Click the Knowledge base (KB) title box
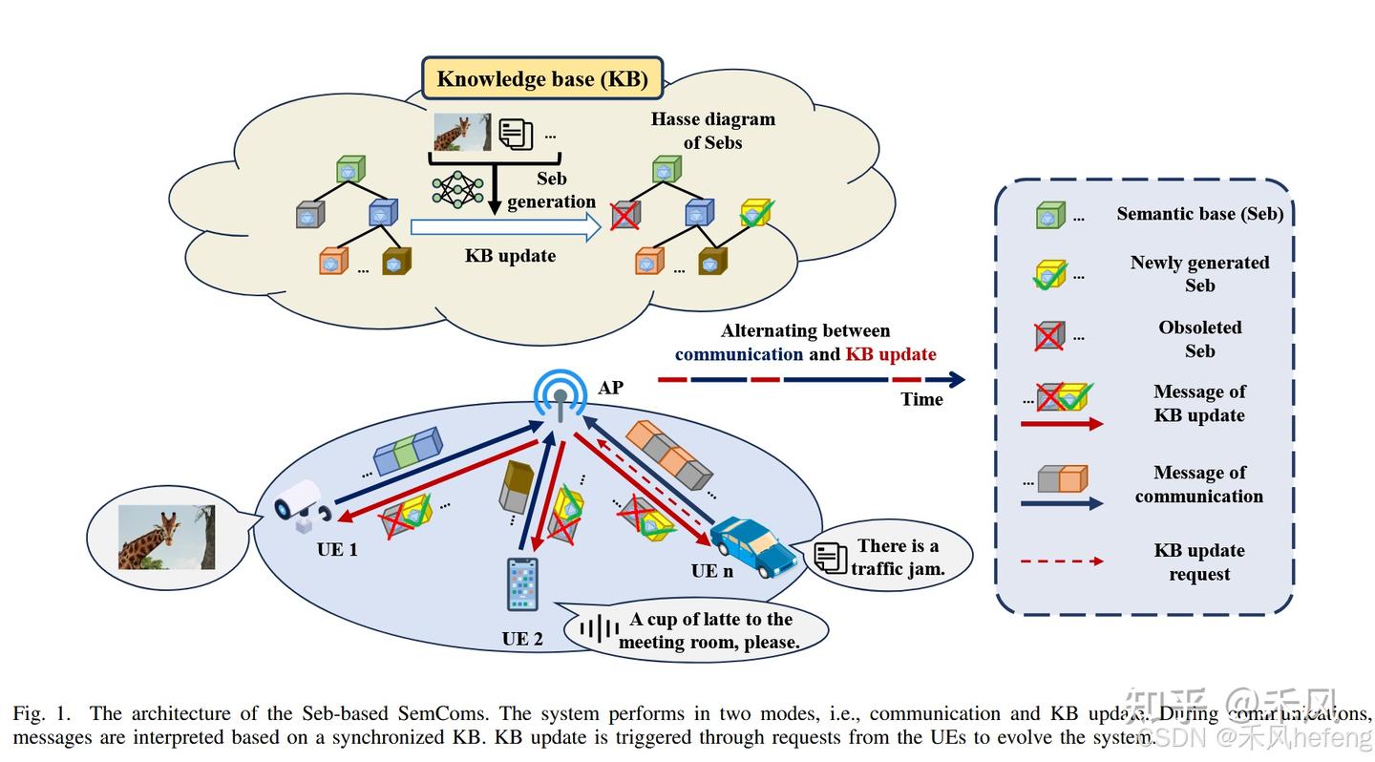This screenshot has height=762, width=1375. [x=542, y=79]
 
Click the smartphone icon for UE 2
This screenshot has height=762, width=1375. [x=522, y=583]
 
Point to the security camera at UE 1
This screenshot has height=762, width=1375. [x=303, y=502]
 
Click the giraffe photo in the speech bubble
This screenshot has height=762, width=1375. [x=166, y=538]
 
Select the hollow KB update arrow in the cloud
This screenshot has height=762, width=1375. [x=505, y=227]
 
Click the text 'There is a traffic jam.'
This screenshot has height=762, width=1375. [x=897, y=557]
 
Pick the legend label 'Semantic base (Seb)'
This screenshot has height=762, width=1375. [x=1199, y=214]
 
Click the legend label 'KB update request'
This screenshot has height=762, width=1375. [x=1199, y=562]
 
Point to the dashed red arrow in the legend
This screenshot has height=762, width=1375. [x=1062, y=561]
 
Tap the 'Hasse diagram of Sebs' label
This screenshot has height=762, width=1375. [x=712, y=131]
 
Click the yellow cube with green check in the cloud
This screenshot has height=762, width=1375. [x=754, y=214]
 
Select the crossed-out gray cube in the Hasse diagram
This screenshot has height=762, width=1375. [x=625, y=214]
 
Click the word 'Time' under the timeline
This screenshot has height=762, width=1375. [x=921, y=399]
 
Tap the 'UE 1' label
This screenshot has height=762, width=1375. [x=337, y=550]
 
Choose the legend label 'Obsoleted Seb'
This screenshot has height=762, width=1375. [x=1199, y=339]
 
